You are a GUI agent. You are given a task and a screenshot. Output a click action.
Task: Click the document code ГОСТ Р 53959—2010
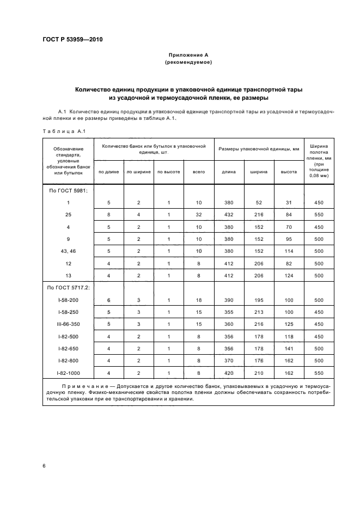(72, 40)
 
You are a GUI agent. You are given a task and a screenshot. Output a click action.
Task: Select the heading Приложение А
(188, 55)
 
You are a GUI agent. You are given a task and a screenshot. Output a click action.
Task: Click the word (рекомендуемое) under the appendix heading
(188, 63)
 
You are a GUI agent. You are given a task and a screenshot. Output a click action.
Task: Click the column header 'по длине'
(108, 172)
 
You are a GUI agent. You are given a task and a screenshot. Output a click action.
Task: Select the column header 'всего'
(199, 172)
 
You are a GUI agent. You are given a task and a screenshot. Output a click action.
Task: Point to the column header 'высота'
(289, 172)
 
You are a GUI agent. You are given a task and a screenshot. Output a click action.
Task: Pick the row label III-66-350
(68, 324)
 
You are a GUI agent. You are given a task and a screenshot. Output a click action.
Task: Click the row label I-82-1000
(68, 373)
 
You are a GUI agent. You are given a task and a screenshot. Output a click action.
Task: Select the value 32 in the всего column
(199, 214)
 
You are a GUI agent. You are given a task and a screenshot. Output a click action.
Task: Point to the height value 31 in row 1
(289, 202)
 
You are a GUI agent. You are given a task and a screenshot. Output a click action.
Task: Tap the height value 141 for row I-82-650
(289, 348)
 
